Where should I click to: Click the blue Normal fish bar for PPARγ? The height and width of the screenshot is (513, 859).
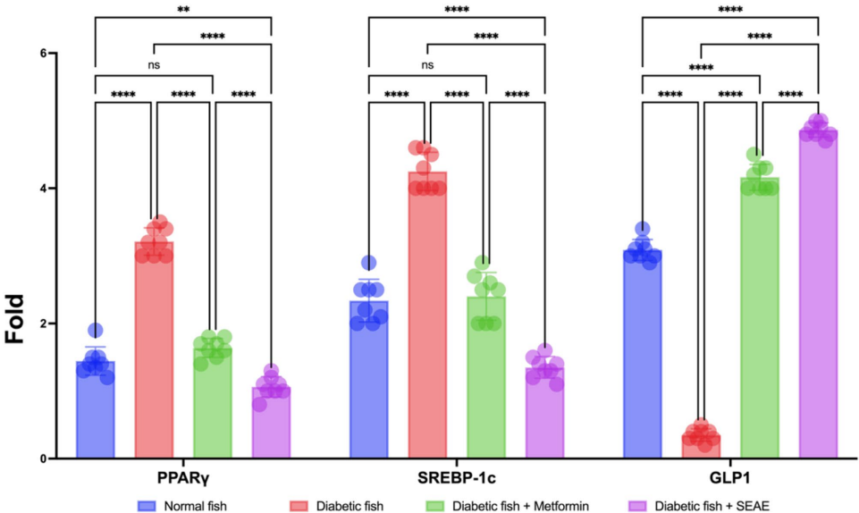96,411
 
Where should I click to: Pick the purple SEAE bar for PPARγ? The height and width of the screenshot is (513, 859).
271,424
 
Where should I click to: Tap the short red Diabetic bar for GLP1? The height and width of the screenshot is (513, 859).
701,446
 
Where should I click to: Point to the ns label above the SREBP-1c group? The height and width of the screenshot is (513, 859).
427,64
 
